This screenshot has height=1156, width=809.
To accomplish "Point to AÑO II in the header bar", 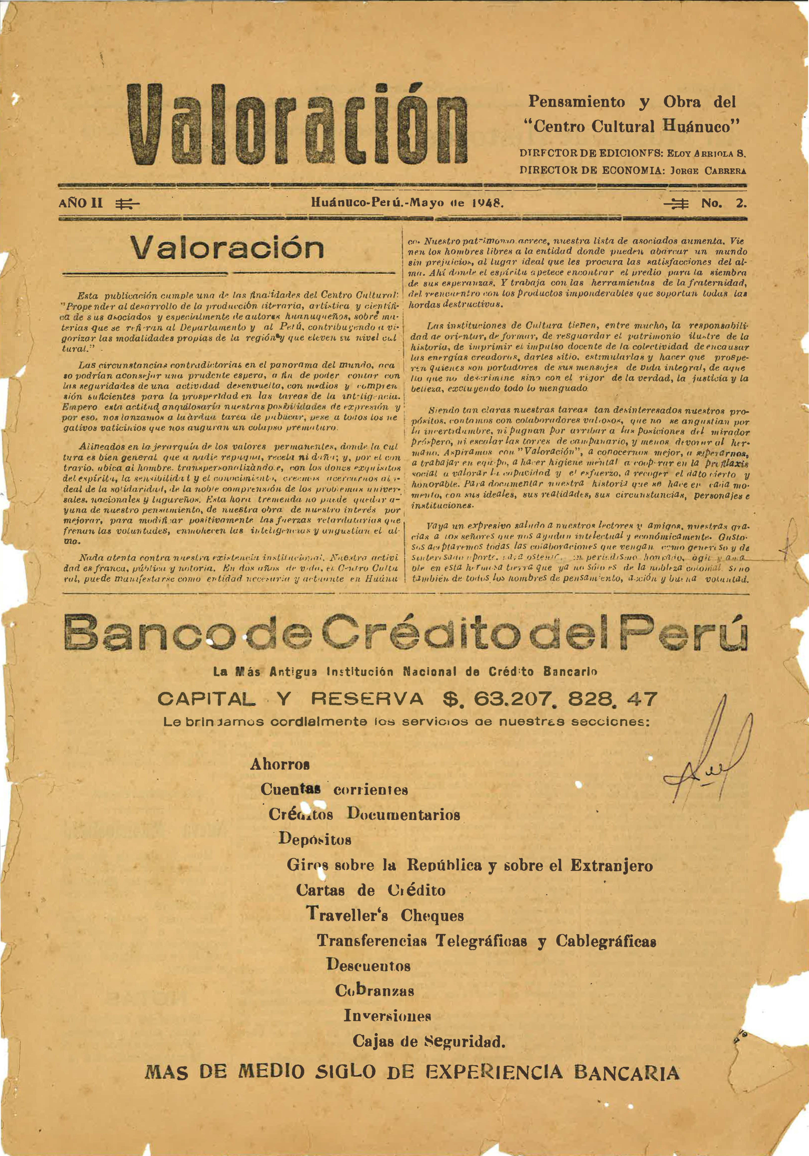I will pyautogui.click(x=81, y=203).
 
